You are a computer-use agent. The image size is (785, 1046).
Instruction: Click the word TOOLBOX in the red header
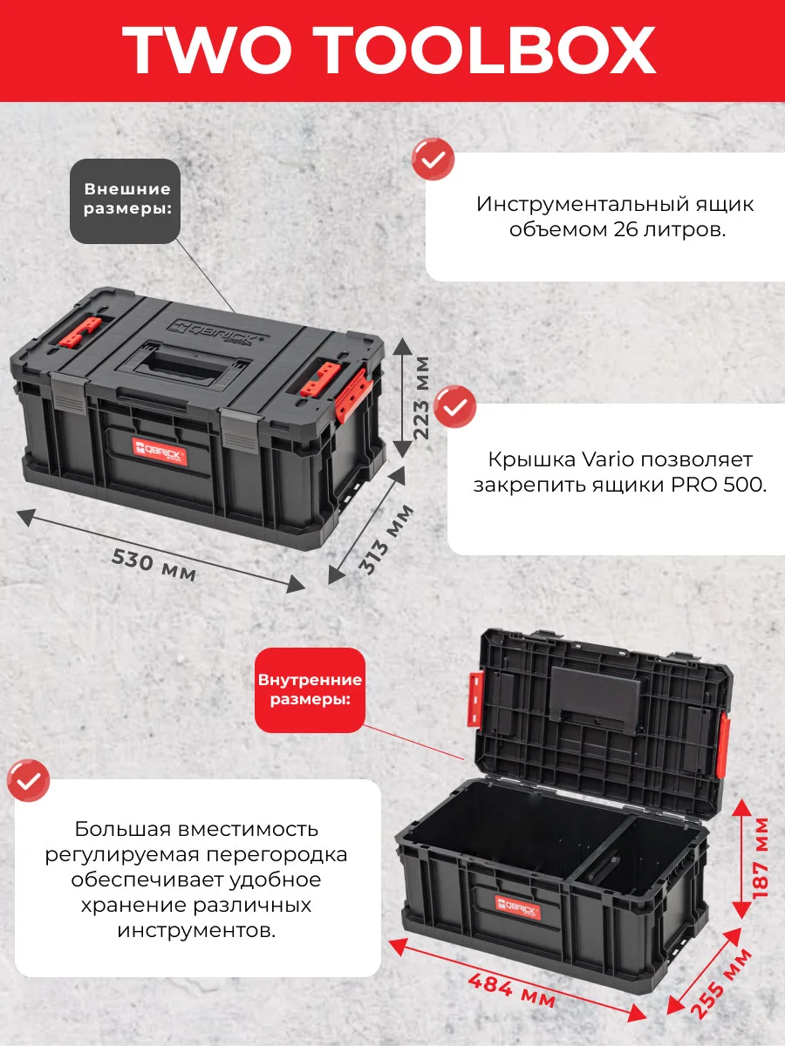coord(489,50)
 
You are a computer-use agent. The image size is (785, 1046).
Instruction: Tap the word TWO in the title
coord(206,50)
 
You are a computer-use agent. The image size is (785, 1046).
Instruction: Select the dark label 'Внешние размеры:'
coord(125,201)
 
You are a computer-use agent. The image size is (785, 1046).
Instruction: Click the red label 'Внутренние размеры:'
coord(310,690)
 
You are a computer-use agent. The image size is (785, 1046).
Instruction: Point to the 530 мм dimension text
coord(154,565)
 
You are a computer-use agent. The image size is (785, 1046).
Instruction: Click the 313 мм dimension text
coord(386,540)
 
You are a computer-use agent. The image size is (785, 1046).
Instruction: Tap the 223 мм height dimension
coord(421,397)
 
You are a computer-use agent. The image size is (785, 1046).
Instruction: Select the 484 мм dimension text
coord(511,991)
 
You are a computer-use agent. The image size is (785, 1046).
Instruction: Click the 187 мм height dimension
coord(760,858)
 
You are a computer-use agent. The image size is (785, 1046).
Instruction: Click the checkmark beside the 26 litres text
coord(433,160)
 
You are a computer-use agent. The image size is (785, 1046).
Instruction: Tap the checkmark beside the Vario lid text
coord(454,406)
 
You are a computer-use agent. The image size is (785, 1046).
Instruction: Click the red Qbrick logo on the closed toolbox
coord(160,452)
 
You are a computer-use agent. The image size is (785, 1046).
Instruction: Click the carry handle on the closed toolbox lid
coord(183,366)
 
